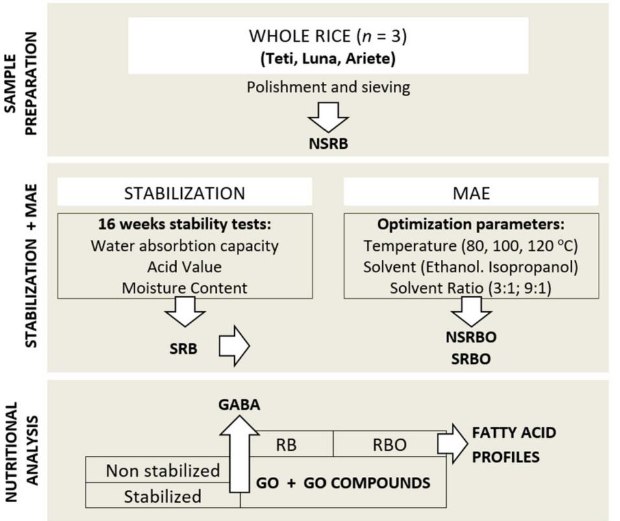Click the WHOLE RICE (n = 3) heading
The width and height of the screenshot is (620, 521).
pyautogui.click(x=328, y=36)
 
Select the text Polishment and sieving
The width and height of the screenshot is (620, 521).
pyautogui.click(x=328, y=87)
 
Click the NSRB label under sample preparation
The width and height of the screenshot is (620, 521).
pyautogui.click(x=328, y=144)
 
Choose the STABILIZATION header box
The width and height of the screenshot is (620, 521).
pyautogui.click(x=185, y=193)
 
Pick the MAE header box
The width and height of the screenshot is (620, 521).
pyautogui.click(x=471, y=193)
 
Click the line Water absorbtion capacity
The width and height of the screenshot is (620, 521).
pyautogui.click(x=185, y=246)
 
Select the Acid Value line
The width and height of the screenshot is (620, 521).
pyautogui.click(x=185, y=266)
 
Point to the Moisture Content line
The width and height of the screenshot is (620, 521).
pyautogui.click(x=185, y=288)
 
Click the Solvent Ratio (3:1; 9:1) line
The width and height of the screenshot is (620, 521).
pyautogui.click(x=471, y=288)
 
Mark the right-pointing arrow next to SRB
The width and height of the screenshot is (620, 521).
pyautogui.click(x=234, y=348)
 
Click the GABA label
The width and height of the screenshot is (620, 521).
pyautogui.click(x=240, y=405)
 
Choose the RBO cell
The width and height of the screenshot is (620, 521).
pyautogui.click(x=389, y=444)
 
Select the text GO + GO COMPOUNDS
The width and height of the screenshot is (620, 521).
pyautogui.click(x=343, y=483)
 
